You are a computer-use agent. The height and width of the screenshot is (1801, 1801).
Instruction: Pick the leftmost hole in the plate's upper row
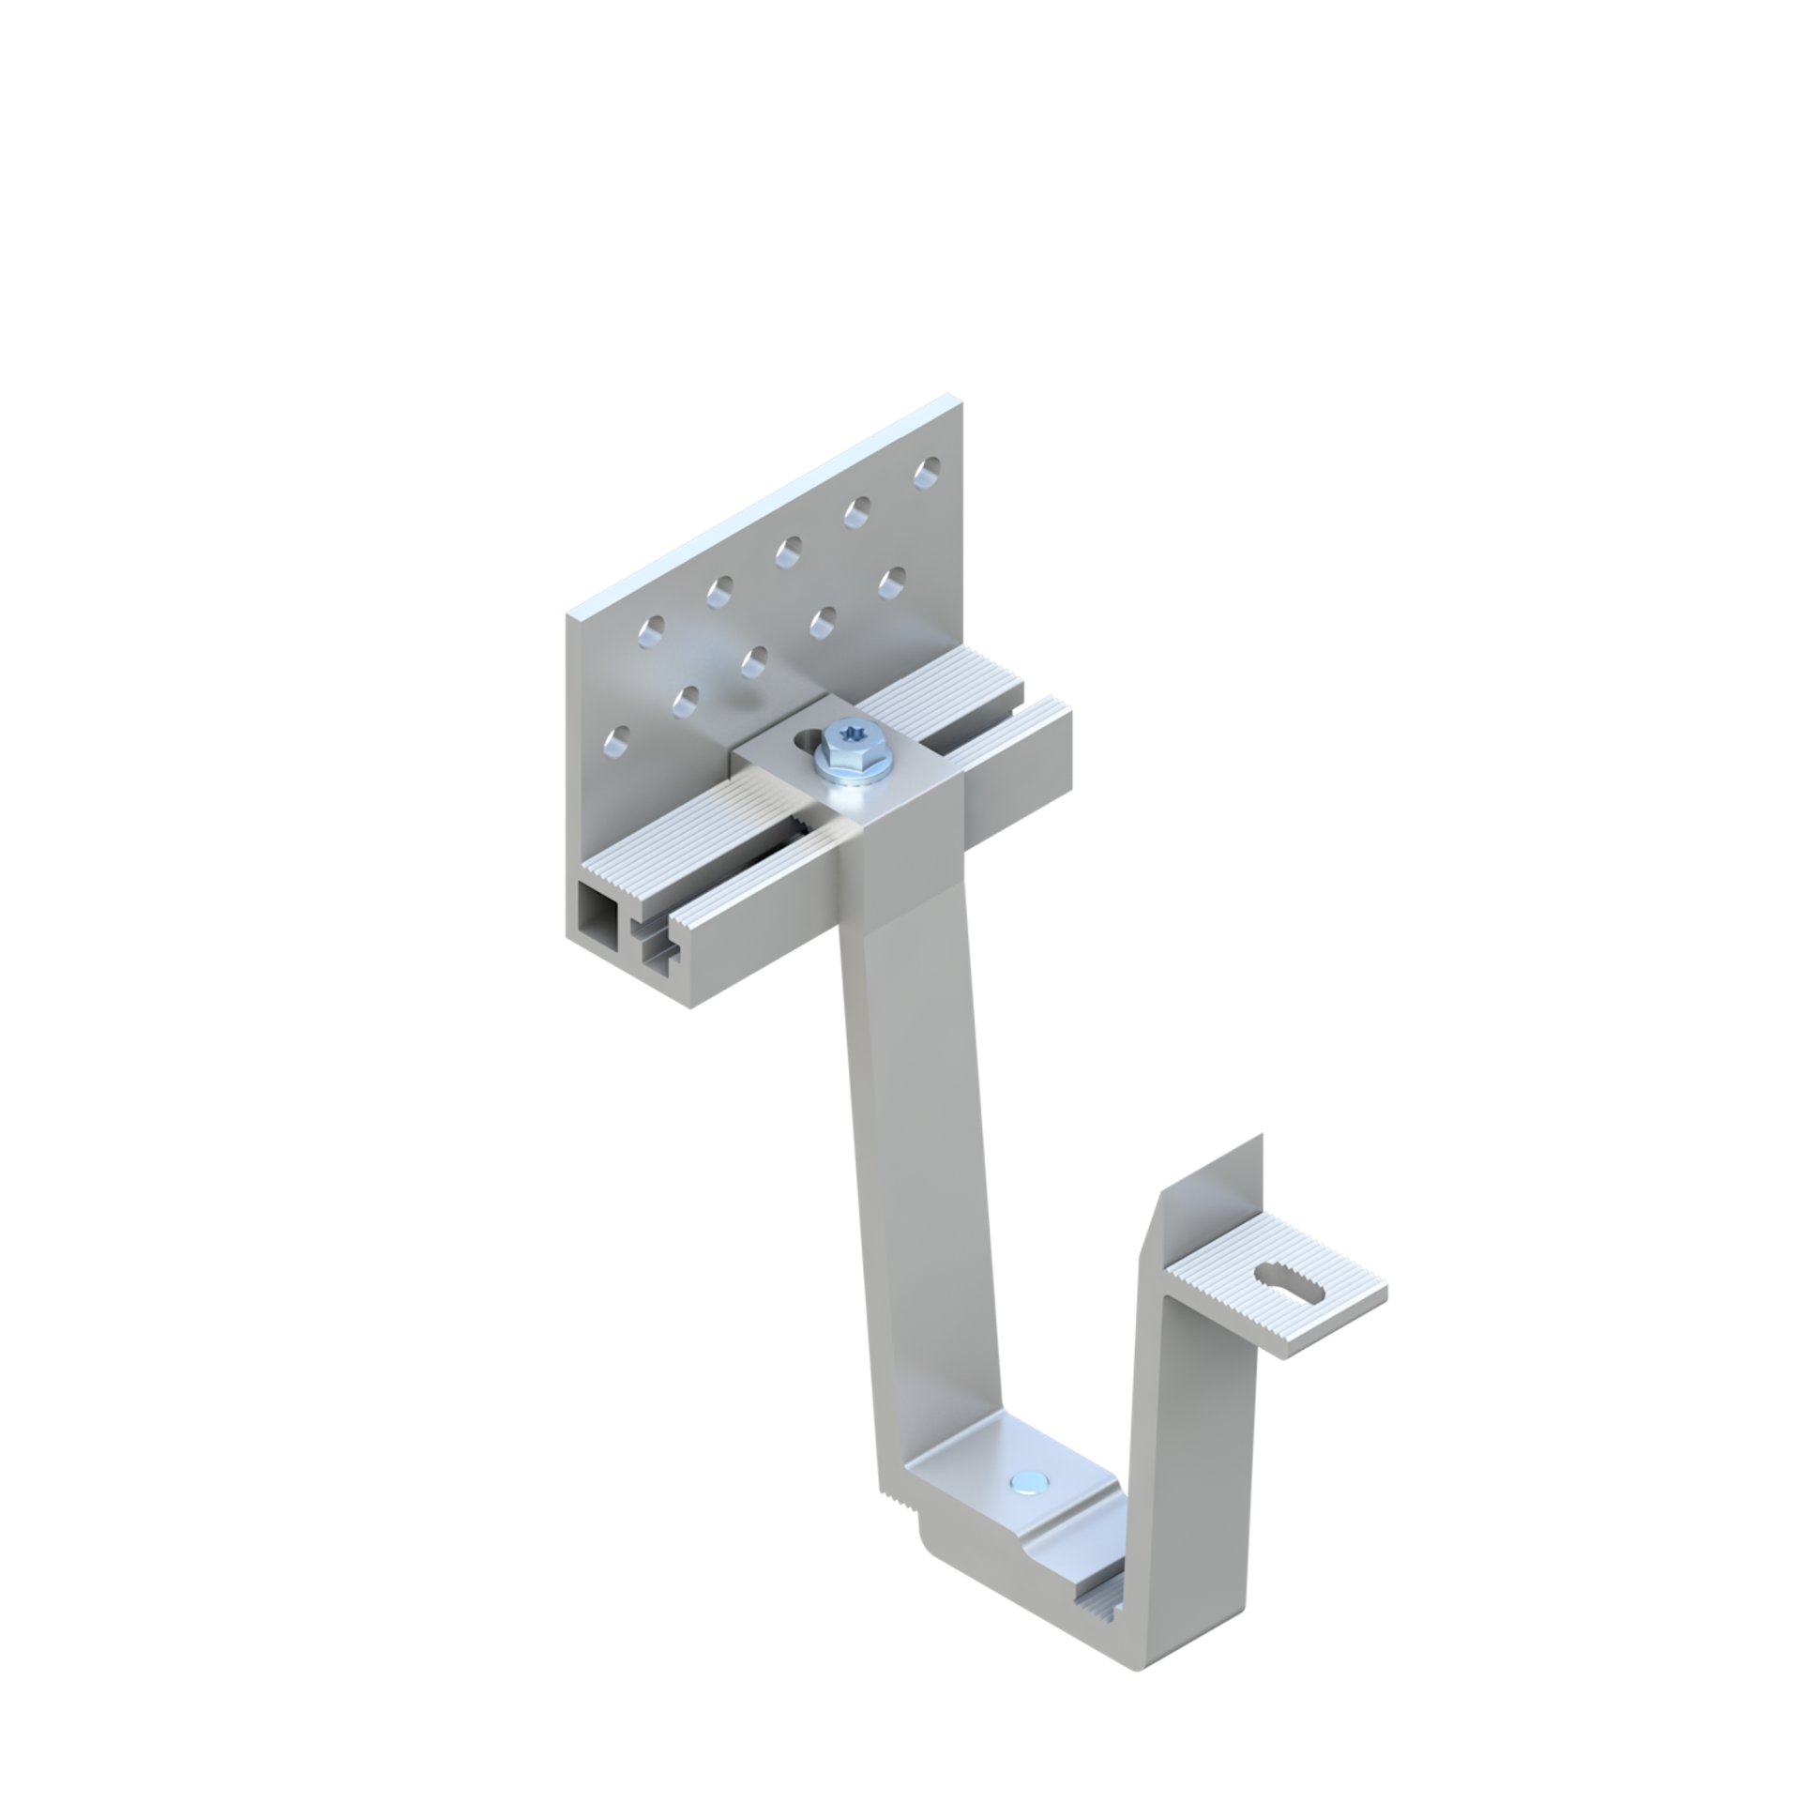[x=649, y=632]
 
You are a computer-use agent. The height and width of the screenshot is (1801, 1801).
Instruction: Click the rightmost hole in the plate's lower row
[x=892, y=578]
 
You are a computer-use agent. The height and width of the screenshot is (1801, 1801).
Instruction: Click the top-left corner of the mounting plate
[x=569, y=614]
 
